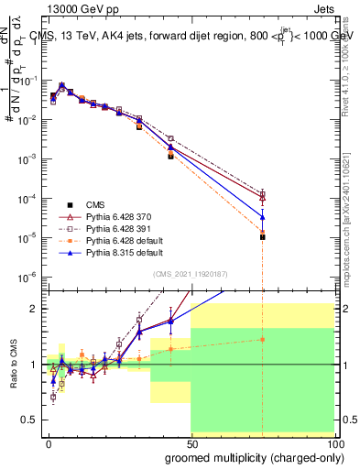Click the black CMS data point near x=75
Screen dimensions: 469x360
click(262, 237)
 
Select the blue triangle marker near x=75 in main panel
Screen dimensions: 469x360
click(262, 216)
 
